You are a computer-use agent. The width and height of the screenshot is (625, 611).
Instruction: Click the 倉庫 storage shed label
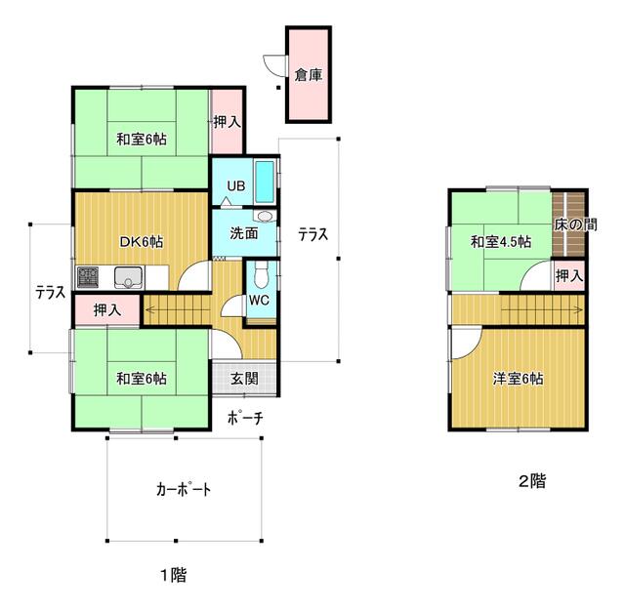309,74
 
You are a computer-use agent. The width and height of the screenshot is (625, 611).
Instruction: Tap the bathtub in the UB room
265,182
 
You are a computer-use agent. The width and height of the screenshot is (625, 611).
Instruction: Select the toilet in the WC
261,274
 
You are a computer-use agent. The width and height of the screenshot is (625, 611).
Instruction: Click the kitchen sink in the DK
128,277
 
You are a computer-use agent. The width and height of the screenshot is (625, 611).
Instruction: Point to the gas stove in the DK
88,277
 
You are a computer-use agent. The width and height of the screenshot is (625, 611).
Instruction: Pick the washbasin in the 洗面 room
265,217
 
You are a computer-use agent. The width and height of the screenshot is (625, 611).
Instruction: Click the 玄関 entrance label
244,379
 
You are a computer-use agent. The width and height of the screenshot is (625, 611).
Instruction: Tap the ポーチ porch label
245,418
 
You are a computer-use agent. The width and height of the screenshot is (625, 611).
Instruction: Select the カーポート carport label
184,489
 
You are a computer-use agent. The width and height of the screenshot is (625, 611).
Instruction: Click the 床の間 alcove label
575,224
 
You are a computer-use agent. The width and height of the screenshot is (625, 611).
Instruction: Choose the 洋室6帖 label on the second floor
518,379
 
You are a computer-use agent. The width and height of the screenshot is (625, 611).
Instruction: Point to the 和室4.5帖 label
501,242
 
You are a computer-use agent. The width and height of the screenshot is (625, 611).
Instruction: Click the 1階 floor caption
174,575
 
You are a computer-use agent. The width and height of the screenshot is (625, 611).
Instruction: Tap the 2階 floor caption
532,481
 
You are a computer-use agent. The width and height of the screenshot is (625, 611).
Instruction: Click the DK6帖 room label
142,242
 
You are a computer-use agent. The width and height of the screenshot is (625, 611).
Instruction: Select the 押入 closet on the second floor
570,275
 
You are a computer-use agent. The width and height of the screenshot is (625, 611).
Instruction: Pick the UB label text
236,185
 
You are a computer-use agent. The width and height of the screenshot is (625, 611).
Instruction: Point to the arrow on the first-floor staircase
177,308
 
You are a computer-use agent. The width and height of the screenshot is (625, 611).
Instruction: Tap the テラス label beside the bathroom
313,234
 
